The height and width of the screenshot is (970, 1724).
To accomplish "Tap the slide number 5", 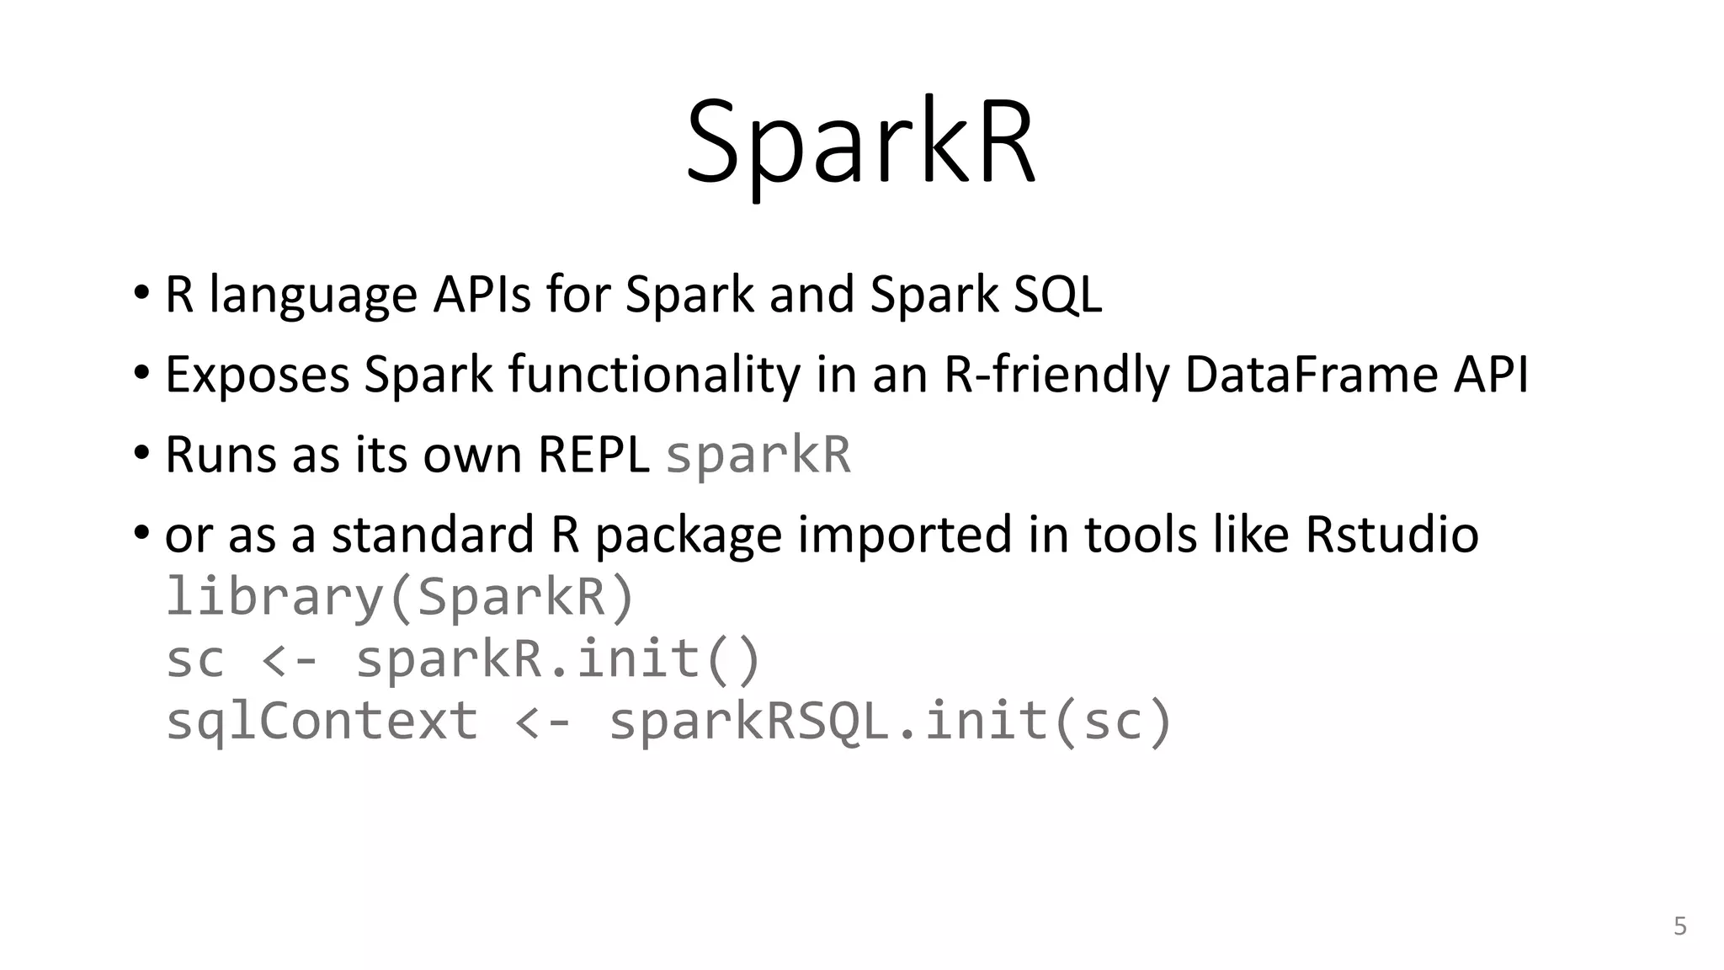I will coord(1679,926).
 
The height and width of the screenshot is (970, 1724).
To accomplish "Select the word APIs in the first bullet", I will coord(482,295).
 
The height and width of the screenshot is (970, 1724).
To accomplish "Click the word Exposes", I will coord(257,376).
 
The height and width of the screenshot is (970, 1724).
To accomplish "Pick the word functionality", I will coord(654,376).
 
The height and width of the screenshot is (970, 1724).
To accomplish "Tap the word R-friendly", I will coord(1056,374).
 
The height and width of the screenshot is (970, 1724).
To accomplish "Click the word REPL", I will coord(593,455).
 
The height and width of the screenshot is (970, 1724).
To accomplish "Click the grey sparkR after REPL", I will coord(758,456).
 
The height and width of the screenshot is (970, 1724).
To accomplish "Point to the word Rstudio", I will coord(1391,535).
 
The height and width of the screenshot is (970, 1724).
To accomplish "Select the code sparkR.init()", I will coord(558,659).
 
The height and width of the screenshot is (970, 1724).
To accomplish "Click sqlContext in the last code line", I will coord(322,722).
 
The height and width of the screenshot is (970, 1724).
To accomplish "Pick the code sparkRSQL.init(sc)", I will coord(890,722).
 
